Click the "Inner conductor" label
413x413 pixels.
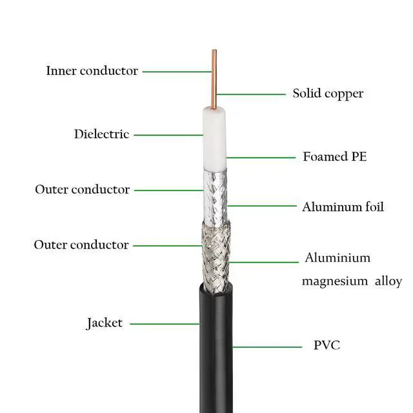92,71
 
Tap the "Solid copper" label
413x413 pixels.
328,94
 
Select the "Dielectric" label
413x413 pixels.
101,134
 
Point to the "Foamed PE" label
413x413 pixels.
335,156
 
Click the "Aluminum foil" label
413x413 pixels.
343,207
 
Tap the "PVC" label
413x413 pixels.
327,345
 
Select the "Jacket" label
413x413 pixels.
105,323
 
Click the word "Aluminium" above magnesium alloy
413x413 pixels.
337,258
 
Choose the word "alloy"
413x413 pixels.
385,281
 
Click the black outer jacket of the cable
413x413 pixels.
216,342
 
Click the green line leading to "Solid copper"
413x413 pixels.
251,94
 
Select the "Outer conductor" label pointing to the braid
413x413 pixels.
81,245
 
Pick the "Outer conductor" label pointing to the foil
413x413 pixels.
82,190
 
